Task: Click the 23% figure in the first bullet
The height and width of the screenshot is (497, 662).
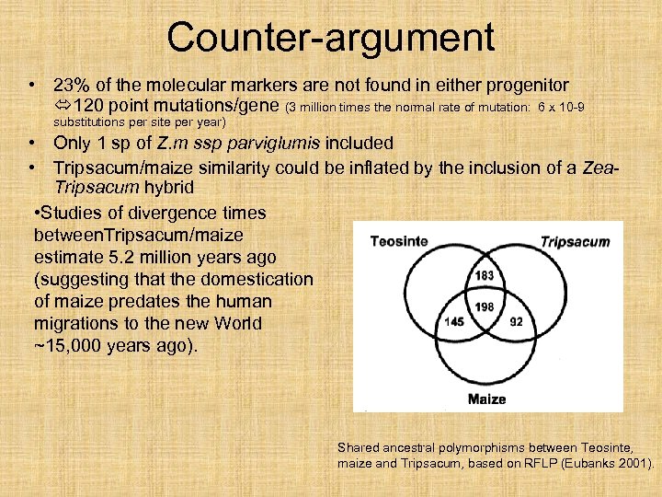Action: pos(71,85)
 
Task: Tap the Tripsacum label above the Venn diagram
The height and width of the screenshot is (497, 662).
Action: pos(575,242)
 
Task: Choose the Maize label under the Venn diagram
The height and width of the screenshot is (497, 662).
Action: pos(486,399)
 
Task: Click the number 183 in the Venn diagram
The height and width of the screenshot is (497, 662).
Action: pos(485,276)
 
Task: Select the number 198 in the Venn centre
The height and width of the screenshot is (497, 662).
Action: pos(485,306)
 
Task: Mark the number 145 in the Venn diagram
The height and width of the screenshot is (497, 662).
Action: pos(453,323)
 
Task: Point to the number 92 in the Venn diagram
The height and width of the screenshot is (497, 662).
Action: pos(516,323)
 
